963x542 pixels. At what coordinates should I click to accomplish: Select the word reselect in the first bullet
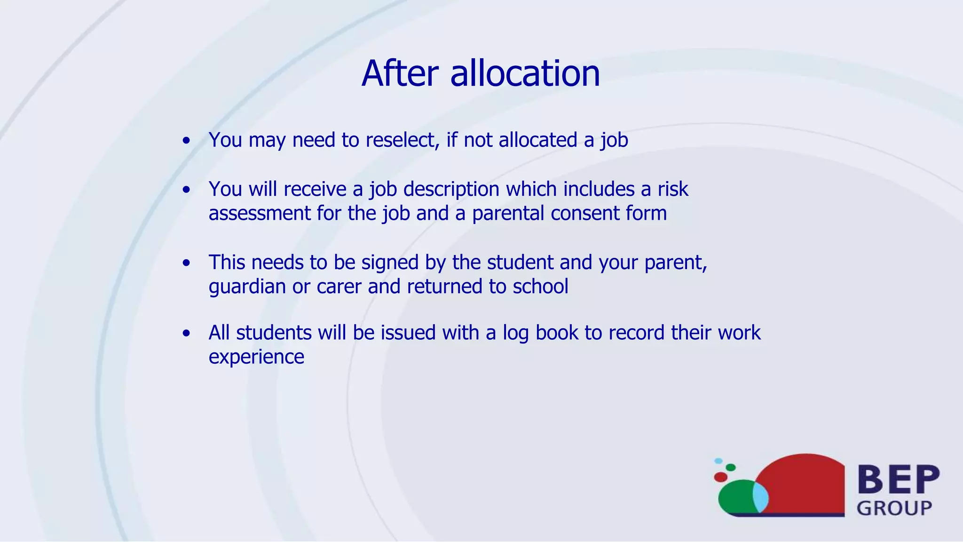(x=402, y=140)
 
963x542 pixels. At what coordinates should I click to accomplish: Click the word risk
(x=673, y=189)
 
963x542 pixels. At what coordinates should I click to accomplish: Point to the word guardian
(x=247, y=287)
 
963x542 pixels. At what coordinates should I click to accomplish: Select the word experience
(x=256, y=357)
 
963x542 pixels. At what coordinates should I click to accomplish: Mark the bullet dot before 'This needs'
(x=187, y=263)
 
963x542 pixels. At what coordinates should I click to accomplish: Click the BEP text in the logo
(x=899, y=479)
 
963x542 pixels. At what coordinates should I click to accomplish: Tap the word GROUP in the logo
(x=894, y=509)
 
